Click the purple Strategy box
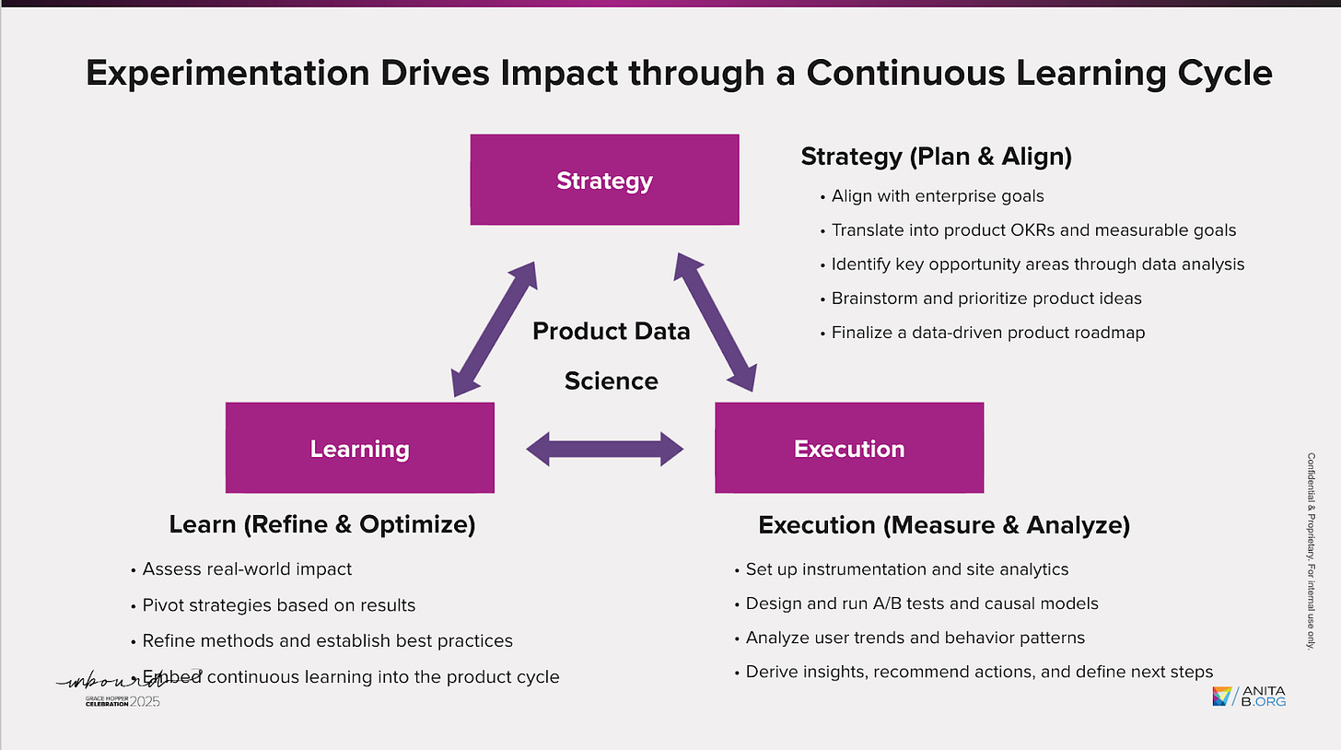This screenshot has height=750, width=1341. coord(604,180)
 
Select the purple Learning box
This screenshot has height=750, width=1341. coord(359,448)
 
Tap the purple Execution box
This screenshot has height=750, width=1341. coord(848,448)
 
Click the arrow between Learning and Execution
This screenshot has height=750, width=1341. coord(605,449)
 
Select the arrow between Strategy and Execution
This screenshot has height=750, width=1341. coord(716,321)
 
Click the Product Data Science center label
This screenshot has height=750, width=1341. coord(612,356)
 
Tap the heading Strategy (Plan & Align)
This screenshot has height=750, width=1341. coord(936,157)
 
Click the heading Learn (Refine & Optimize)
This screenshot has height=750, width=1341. coord(322,524)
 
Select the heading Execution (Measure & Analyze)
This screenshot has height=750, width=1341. coord(944,525)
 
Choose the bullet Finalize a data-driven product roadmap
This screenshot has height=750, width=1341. coord(988,333)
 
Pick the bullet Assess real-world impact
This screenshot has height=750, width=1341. coord(247,569)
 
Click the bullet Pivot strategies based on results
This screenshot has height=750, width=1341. coord(279,605)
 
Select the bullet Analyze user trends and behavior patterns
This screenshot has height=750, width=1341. coord(915,638)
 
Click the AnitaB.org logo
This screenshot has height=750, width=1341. coord(1249,697)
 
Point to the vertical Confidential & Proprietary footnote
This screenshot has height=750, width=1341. coord(1311,549)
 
